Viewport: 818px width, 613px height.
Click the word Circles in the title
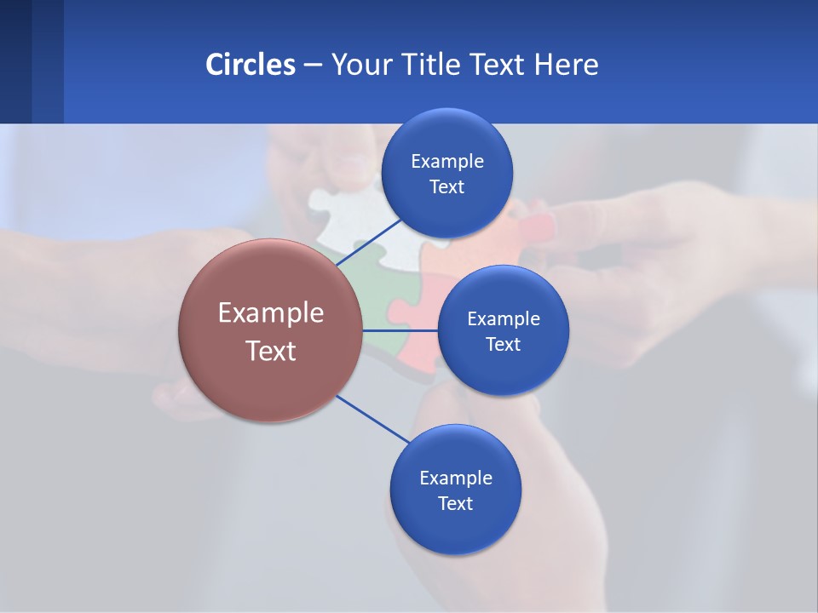tap(250, 65)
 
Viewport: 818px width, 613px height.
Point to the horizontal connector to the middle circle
tap(400, 330)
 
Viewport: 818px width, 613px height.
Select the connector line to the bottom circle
tap(373, 419)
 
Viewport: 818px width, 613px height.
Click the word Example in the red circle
tap(271, 313)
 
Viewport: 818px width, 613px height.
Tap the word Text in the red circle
tap(271, 351)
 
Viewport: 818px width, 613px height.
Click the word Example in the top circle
tap(447, 162)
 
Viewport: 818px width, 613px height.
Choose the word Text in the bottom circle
tap(455, 504)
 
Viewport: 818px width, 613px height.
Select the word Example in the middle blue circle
tap(504, 319)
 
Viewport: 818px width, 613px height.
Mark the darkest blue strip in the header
tap(15, 61)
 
